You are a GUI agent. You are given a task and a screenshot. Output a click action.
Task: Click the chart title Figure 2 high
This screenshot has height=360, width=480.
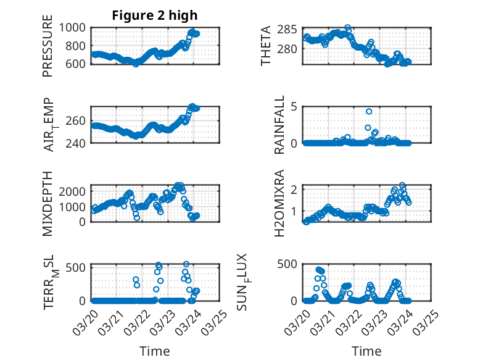click(155, 15)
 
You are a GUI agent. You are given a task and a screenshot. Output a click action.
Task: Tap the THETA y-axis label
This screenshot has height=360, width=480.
click(266, 46)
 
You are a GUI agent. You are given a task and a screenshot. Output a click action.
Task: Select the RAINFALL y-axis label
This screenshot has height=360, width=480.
click(279, 124)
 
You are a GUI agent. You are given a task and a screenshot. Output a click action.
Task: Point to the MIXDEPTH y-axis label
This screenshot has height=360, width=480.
click(48, 203)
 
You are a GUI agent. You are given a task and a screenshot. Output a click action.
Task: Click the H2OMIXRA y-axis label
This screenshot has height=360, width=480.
click(279, 203)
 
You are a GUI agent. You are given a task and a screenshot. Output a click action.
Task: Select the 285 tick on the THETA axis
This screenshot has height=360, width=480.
click(291, 30)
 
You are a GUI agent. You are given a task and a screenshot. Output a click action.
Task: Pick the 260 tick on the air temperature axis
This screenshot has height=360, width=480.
click(79, 120)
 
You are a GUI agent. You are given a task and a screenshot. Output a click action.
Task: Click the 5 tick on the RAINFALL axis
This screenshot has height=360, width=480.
click(295, 106)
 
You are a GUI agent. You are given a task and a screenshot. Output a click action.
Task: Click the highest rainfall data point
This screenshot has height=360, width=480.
click(369, 112)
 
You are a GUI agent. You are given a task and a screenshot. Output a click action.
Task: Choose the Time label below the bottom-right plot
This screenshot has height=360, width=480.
click(366, 351)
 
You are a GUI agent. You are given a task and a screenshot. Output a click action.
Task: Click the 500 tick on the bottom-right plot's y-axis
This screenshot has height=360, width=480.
click(291, 265)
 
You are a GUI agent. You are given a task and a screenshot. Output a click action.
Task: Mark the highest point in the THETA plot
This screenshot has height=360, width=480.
click(348, 28)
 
